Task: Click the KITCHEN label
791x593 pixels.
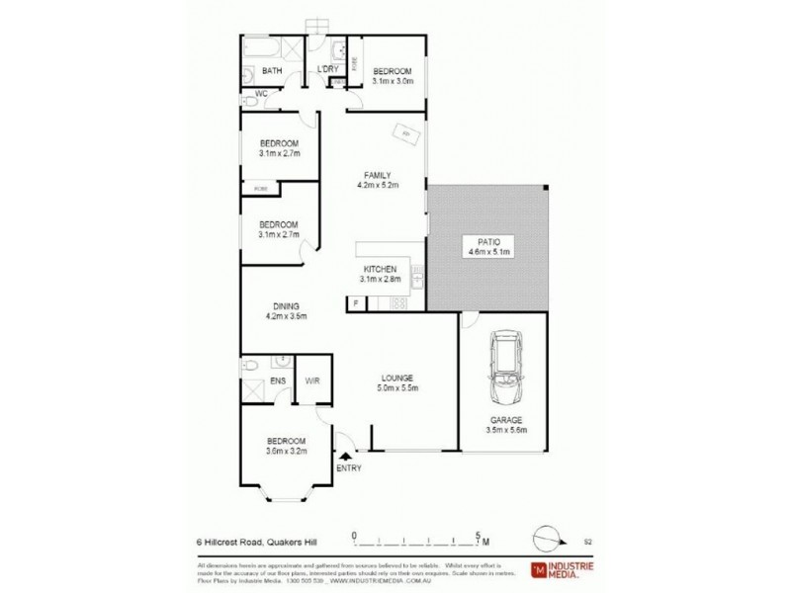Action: [380, 275]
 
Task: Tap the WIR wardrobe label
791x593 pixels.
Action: [312, 380]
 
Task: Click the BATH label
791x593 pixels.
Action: [273, 71]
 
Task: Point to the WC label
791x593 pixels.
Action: [262, 95]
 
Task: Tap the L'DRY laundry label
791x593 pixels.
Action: [327, 68]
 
